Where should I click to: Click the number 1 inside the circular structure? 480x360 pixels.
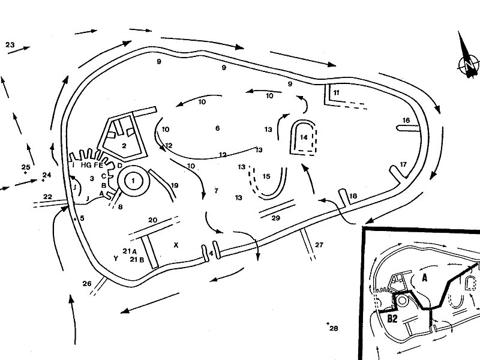pyautogui.click(x=133, y=178)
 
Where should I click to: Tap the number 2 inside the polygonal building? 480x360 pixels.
pyautogui.click(x=124, y=145)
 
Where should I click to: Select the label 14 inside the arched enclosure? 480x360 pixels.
pyautogui.click(x=303, y=137)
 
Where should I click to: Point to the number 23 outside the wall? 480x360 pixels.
pyautogui.click(x=10, y=44)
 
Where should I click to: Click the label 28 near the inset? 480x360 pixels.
pyautogui.click(x=334, y=328)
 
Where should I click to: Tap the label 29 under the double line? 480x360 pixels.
pyautogui.click(x=276, y=218)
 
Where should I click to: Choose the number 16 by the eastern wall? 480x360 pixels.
pyautogui.click(x=406, y=121)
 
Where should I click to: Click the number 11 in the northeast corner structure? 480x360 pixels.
pyautogui.click(x=336, y=92)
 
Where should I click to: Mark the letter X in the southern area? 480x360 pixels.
pyautogui.click(x=176, y=245)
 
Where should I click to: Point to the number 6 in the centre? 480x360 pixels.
pyautogui.click(x=218, y=128)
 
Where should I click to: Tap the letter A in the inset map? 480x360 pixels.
pyautogui.click(x=425, y=278)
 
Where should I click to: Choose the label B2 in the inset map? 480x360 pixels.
pyautogui.click(x=393, y=319)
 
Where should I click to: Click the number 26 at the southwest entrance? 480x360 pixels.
pyautogui.click(x=87, y=283)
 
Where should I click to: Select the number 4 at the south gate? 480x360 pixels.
pyautogui.click(x=211, y=253)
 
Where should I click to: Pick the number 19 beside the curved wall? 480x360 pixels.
pyautogui.click(x=175, y=186)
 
